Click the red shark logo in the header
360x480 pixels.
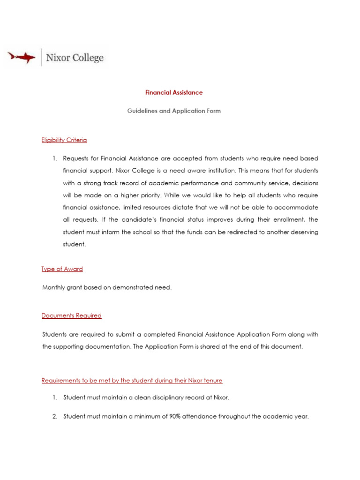click(22, 57)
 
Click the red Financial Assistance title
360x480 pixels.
click(174, 92)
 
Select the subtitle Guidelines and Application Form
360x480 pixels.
click(174, 111)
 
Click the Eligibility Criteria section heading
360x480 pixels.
click(64, 140)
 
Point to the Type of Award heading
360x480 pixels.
click(62, 269)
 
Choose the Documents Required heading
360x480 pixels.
click(72, 315)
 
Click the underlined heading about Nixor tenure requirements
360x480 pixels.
click(132, 380)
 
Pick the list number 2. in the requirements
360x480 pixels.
click(55, 416)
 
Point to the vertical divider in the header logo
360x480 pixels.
click(41, 57)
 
